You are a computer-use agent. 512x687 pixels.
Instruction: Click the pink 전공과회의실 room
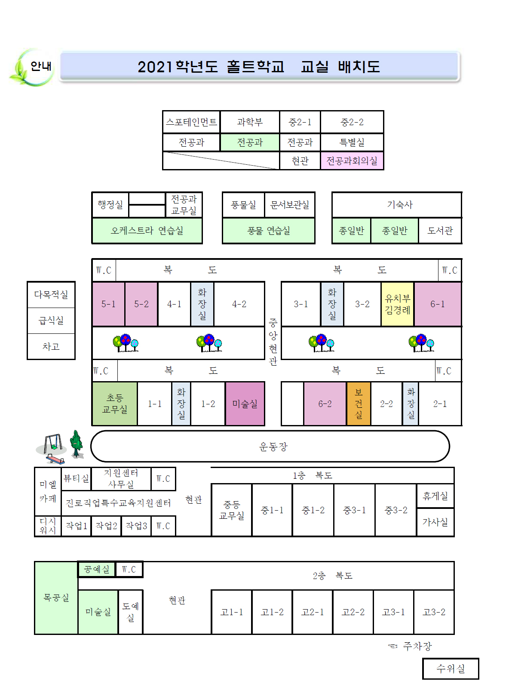352,161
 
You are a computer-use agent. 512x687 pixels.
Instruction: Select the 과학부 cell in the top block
250,122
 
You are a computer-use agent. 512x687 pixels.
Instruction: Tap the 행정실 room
110,205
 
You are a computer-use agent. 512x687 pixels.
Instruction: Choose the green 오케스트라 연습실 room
147,231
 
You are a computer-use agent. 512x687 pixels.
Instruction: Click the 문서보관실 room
290,205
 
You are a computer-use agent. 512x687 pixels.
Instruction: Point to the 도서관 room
440,231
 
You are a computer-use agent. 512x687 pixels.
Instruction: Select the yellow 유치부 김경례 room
398,304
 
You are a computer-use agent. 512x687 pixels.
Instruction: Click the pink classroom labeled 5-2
141,304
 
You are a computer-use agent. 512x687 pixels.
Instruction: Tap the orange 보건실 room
359,404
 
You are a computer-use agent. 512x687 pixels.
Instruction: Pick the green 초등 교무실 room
115,404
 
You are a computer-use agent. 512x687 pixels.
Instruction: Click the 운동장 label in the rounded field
273,447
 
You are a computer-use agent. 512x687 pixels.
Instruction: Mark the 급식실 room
51,320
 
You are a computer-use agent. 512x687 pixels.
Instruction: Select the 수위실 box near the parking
451,669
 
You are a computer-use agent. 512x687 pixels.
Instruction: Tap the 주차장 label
417,646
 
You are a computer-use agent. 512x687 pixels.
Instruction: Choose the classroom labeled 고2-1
313,612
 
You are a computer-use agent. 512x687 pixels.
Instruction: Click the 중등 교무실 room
232,510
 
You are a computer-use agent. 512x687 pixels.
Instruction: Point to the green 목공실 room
56,598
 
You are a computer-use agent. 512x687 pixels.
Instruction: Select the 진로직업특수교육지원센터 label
118,503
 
